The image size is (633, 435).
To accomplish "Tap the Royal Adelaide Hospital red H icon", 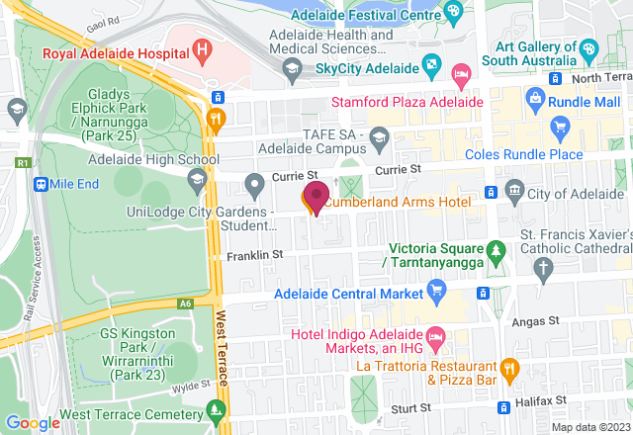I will (203, 46).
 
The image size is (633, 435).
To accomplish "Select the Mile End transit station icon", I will (42, 184).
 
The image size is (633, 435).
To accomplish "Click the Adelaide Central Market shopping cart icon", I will (434, 290).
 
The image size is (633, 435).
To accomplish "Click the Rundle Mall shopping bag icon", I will (535, 97).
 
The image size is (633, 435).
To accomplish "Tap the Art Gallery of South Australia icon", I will (589, 47).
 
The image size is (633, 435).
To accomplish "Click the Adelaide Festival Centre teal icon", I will (453, 11).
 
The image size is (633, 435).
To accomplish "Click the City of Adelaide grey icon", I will (513, 189).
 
